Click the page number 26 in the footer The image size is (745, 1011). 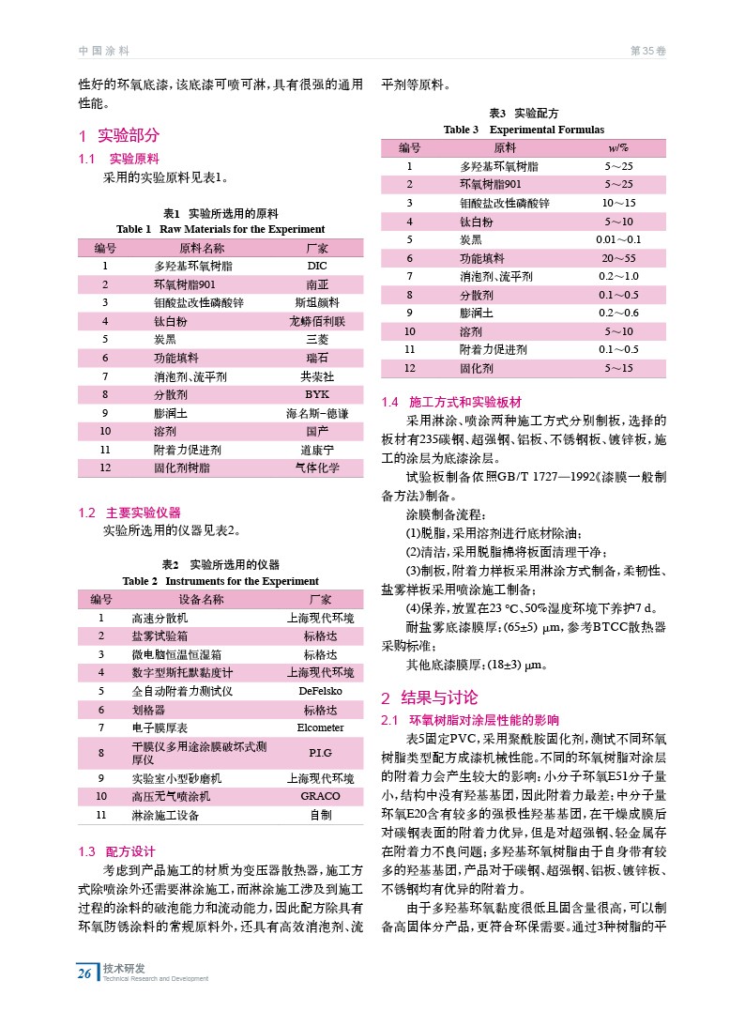84,973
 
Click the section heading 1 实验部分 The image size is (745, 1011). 119,135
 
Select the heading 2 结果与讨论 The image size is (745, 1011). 429,697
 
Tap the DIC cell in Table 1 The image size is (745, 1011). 317,266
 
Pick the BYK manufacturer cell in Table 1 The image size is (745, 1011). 317,394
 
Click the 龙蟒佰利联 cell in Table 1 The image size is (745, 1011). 317,321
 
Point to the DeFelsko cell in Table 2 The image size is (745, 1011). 320,691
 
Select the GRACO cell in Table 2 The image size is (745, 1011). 320,796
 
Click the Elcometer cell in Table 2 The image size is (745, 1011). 320,728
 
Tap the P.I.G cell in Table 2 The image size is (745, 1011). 320,753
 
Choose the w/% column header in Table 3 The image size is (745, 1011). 618,147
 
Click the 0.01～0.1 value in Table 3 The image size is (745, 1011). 618,239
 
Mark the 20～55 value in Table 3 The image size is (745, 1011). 618,258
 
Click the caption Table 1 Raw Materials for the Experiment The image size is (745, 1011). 220,229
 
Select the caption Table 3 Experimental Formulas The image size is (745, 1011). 524,130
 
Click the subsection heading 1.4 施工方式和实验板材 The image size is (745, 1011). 450,402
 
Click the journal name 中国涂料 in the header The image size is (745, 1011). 103,51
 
